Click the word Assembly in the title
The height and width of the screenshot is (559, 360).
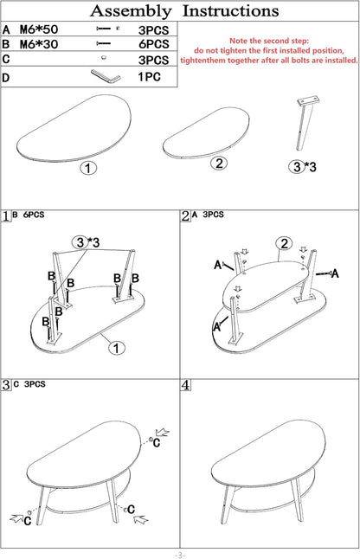pos(131,11)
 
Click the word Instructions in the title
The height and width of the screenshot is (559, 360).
pos(230,10)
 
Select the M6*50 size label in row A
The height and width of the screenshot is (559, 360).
pos(39,29)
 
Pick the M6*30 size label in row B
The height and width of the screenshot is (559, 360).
pos(39,44)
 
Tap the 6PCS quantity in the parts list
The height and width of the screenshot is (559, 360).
pos(154,44)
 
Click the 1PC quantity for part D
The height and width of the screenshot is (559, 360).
pos(150,77)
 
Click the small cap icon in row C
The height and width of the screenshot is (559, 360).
pos(104,57)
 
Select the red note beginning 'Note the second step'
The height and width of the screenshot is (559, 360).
pos(269,51)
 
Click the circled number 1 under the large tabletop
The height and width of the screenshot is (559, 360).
pos(88,168)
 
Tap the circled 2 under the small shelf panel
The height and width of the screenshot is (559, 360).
pos(219,164)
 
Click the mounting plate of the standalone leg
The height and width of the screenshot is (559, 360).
pos(309,100)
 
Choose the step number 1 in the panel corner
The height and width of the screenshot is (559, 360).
pos(6,216)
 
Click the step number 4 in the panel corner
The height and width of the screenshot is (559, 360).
pos(186,385)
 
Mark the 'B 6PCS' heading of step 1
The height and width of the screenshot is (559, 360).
pos(29,215)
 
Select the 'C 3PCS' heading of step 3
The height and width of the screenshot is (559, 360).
pos(29,384)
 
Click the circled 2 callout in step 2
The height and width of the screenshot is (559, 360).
pos(284,244)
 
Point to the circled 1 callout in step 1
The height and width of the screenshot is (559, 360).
pos(117,348)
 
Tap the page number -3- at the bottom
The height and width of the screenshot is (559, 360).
pos(180,555)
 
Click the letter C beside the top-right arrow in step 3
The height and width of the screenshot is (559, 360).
pos(157,443)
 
